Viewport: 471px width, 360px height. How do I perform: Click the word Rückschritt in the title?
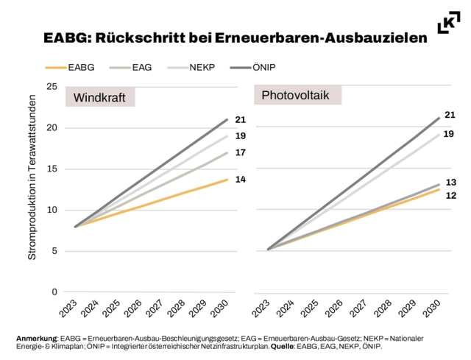pyautogui.click(x=147, y=37)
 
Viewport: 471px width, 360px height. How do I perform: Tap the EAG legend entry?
pyautogui.click(x=142, y=67)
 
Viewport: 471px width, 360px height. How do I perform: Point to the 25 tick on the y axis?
pyautogui.click(x=52, y=87)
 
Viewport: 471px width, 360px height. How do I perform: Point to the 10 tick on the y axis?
pyautogui.click(x=52, y=210)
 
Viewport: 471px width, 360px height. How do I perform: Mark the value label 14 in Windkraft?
pyautogui.click(x=240, y=180)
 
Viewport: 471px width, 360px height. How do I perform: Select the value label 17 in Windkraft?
pyautogui.click(x=240, y=152)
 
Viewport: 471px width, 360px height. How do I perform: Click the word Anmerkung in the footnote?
pyautogui.click(x=37, y=338)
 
